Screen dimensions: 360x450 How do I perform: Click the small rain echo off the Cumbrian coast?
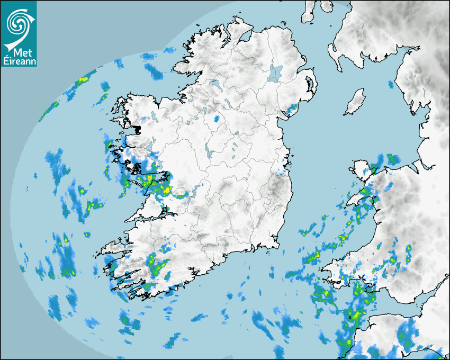[x=391, y=84]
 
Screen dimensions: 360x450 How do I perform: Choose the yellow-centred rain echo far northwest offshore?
[x=82, y=80]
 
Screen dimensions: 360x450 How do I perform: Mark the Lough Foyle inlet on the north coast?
[x=245, y=38]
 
